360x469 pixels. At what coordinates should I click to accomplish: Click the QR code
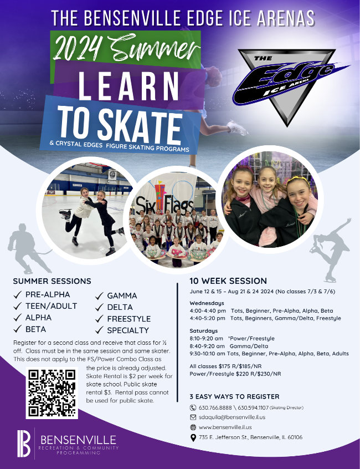tap(51, 393)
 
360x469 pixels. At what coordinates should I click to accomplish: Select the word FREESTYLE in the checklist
tap(128, 319)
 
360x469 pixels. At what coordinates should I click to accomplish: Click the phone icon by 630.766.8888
tap(193, 407)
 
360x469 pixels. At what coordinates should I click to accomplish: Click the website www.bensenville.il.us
tap(225, 427)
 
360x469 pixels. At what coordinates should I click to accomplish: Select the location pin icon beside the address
tap(193, 437)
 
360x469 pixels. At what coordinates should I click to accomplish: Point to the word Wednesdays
tap(207, 303)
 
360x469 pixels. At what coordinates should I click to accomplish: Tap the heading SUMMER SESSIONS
tap(52, 281)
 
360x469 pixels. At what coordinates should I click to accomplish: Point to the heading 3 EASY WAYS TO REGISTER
tap(234, 396)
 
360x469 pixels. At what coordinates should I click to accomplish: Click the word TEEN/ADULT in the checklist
tap(52, 306)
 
